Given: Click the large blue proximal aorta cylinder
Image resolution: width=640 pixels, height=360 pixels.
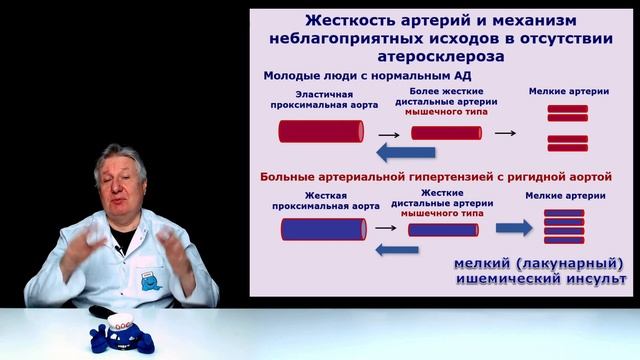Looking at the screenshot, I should (321, 229).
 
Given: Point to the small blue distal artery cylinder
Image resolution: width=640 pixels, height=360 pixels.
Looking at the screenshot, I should (442, 229).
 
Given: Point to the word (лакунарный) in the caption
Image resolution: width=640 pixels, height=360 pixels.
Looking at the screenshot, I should (562, 263).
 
